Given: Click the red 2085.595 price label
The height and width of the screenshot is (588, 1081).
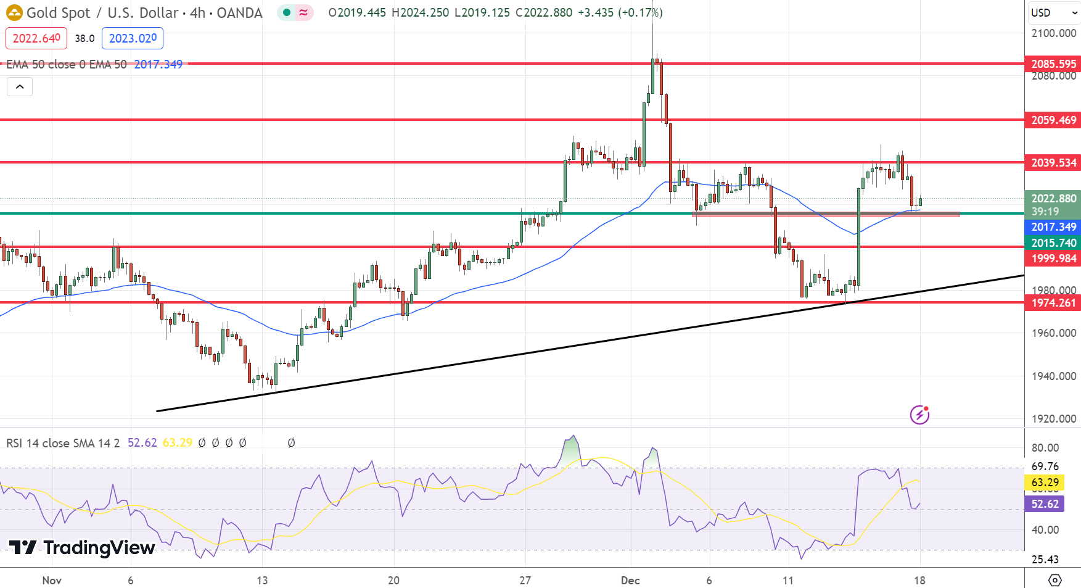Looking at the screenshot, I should [x=1053, y=64].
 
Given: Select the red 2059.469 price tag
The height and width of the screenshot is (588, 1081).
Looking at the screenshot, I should [x=1053, y=120].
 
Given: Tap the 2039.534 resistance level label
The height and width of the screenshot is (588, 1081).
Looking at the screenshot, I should [x=1053, y=162].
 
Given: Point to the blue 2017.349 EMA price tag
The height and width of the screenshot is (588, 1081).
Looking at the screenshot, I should [x=1053, y=227].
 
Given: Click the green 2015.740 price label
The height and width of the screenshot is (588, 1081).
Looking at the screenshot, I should [x=1053, y=243].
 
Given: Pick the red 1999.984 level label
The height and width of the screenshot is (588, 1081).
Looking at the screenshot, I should [x=1053, y=259].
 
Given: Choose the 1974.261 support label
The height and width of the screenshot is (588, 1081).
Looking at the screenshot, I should [x=1053, y=303].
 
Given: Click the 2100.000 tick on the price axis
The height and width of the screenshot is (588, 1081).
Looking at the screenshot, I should [x=1053, y=33].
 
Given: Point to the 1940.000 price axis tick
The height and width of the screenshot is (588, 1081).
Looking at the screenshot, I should [x=1053, y=376].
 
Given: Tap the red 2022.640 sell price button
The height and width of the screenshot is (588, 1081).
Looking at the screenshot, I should [x=36, y=38].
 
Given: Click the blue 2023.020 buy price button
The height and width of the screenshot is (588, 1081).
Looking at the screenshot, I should [x=133, y=38].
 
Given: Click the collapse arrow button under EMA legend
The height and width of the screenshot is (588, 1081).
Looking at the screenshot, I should [x=20, y=87].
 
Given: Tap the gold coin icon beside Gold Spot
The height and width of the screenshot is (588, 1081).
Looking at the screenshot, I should [x=14, y=12].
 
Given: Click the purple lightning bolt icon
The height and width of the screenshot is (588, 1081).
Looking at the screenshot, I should [x=919, y=415].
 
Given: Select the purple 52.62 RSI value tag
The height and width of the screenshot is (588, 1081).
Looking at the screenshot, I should [x=1045, y=504].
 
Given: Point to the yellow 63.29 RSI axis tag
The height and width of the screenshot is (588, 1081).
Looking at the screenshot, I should [x=1045, y=482].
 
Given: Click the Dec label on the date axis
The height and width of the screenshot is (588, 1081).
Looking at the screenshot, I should [x=630, y=580].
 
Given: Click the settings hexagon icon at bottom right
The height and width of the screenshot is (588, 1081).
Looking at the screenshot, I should [x=1054, y=580].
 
